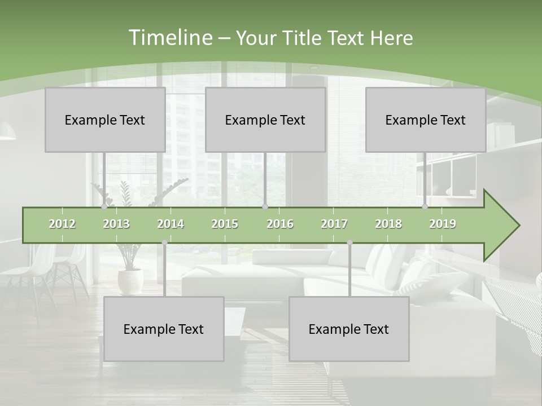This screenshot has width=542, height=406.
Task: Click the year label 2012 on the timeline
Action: pyautogui.click(x=62, y=224)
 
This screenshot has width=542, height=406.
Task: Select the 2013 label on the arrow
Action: pyautogui.click(x=116, y=224)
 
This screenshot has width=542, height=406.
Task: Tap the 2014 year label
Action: pyautogui.click(x=171, y=224)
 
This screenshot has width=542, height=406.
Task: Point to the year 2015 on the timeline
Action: pyautogui.click(x=225, y=224)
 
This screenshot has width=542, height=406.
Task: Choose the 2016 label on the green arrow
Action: pyautogui.click(x=280, y=224)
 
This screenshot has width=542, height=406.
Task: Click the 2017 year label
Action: pyautogui.click(x=334, y=224)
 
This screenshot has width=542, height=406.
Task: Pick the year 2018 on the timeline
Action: pyautogui.click(x=388, y=224)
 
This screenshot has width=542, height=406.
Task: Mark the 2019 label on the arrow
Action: pyautogui.click(x=443, y=224)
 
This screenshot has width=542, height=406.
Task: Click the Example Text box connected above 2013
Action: pyautogui.click(x=105, y=120)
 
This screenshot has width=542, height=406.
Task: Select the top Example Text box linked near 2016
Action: pyautogui.click(x=265, y=120)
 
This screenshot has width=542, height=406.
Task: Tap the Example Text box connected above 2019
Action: pyautogui.click(x=426, y=120)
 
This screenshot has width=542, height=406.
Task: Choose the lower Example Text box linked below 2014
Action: pyautogui.click(x=164, y=329)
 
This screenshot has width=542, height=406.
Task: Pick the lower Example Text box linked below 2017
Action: pyautogui.click(x=349, y=329)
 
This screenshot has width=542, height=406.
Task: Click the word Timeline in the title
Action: pyautogui.click(x=169, y=38)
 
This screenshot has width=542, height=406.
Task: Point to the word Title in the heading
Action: pyautogui.click(x=303, y=38)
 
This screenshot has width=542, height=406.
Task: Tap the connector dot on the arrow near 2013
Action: pyautogui.click(x=104, y=206)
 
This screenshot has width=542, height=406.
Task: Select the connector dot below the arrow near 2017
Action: pyautogui.click(x=349, y=242)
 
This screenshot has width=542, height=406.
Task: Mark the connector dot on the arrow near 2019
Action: pyautogui.click(x=425, y=206)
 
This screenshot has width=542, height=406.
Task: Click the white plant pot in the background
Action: pyautogui.click(x=130, y=280)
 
